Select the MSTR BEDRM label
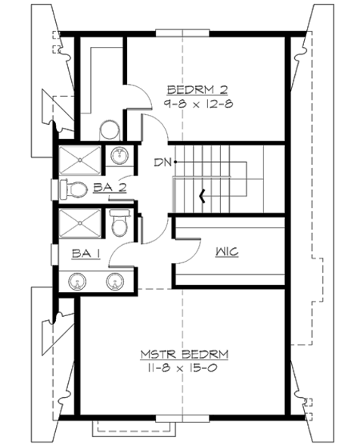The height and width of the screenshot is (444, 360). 185,354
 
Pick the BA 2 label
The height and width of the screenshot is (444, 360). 110,185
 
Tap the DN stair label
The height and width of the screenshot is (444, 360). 161,161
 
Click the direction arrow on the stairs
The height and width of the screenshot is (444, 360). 202,197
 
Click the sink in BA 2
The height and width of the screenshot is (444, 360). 119,157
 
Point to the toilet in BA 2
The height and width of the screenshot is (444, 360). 74,187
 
